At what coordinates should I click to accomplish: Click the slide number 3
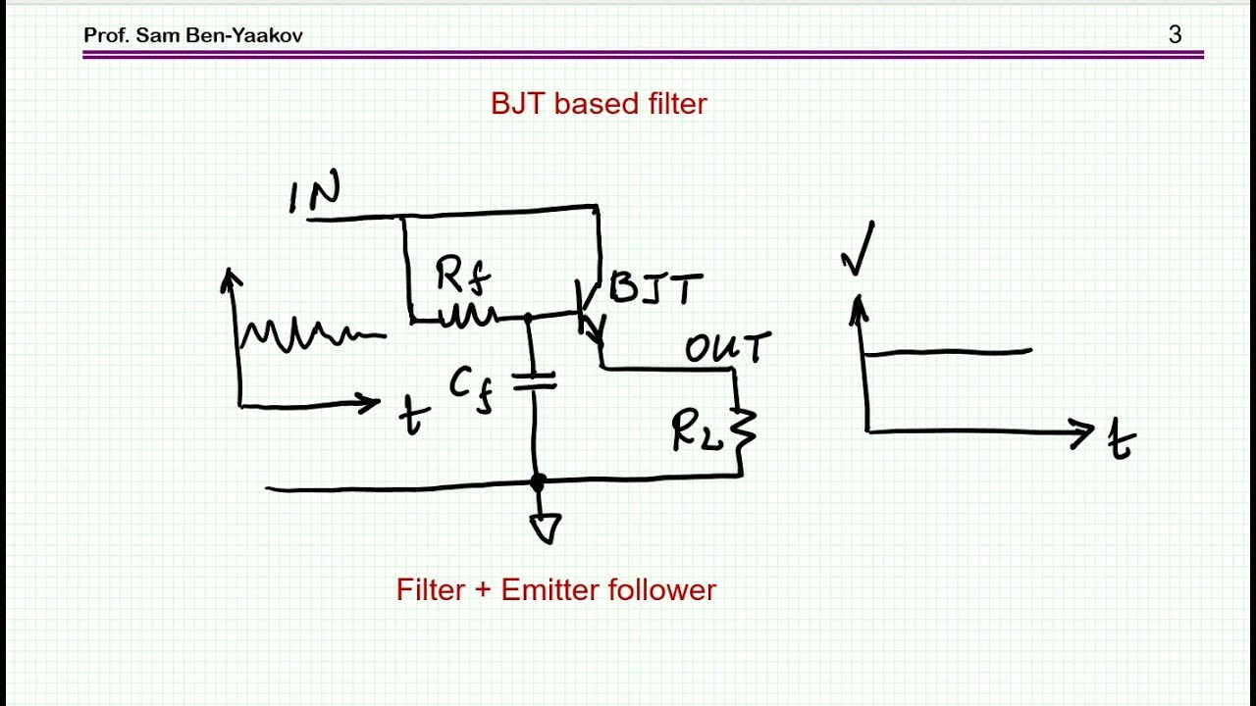[x=1176, y=34]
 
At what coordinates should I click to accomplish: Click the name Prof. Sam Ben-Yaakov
[x=193, y=35]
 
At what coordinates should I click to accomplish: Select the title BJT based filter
[x=599, y=104]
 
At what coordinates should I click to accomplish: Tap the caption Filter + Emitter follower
[x=556, y=590]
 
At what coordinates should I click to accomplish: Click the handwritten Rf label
[x=463, y=275]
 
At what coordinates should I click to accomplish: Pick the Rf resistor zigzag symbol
[x=468, y=316]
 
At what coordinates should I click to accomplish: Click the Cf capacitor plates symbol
[x=535, y=381]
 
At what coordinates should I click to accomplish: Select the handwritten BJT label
[x=656, y=288]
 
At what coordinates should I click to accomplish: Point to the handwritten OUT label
[x=728, y=348]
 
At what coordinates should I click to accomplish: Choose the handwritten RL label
[x=698, y=430]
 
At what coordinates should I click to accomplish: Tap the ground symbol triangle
[x=546, y=529]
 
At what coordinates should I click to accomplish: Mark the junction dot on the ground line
[x=537, y=481]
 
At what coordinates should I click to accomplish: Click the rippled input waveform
[x=312, y=334]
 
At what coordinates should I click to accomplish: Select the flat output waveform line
[x=949, y=352]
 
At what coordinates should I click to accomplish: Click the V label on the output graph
[x=858, y=248]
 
